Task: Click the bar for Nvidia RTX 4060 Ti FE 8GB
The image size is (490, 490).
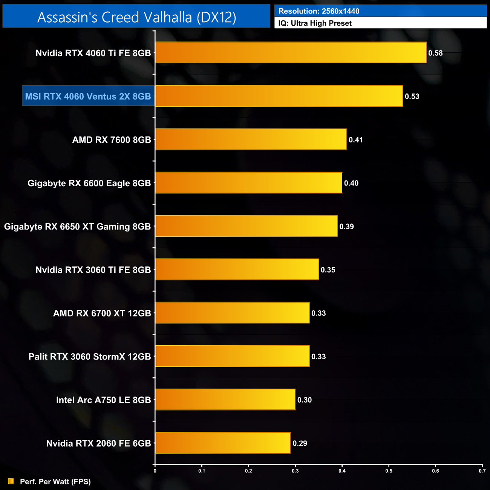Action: (290, 53)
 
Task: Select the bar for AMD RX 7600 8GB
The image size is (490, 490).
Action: (251, 139)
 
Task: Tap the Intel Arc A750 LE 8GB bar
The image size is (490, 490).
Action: (225, 400)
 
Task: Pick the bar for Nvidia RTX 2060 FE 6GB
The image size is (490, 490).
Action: (223, 443)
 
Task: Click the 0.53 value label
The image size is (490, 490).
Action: (412, 96)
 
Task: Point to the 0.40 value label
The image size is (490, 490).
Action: (351, 183)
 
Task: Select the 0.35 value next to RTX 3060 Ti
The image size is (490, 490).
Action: (328, 270)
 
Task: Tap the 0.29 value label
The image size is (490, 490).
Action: (300, 443)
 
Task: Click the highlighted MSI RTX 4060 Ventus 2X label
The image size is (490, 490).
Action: (88, 96)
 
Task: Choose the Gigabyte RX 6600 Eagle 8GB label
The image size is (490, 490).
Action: (89, 183)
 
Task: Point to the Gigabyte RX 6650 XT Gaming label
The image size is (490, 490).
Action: (77, 227)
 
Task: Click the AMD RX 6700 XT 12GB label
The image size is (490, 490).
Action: (102, 313)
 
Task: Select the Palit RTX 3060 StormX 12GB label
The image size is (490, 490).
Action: (90, 357)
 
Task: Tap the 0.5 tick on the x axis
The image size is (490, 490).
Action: (389, 471)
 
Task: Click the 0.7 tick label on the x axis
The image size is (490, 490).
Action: (482, 471)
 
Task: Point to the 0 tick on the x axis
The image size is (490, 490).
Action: (155, 471)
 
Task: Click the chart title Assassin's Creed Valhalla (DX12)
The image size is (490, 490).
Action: (136, 17)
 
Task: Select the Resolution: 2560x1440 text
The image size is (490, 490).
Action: (319, 11)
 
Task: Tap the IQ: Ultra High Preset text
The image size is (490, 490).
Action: (315, 23)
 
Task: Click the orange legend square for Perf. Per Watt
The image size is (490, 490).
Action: (11, 481)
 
